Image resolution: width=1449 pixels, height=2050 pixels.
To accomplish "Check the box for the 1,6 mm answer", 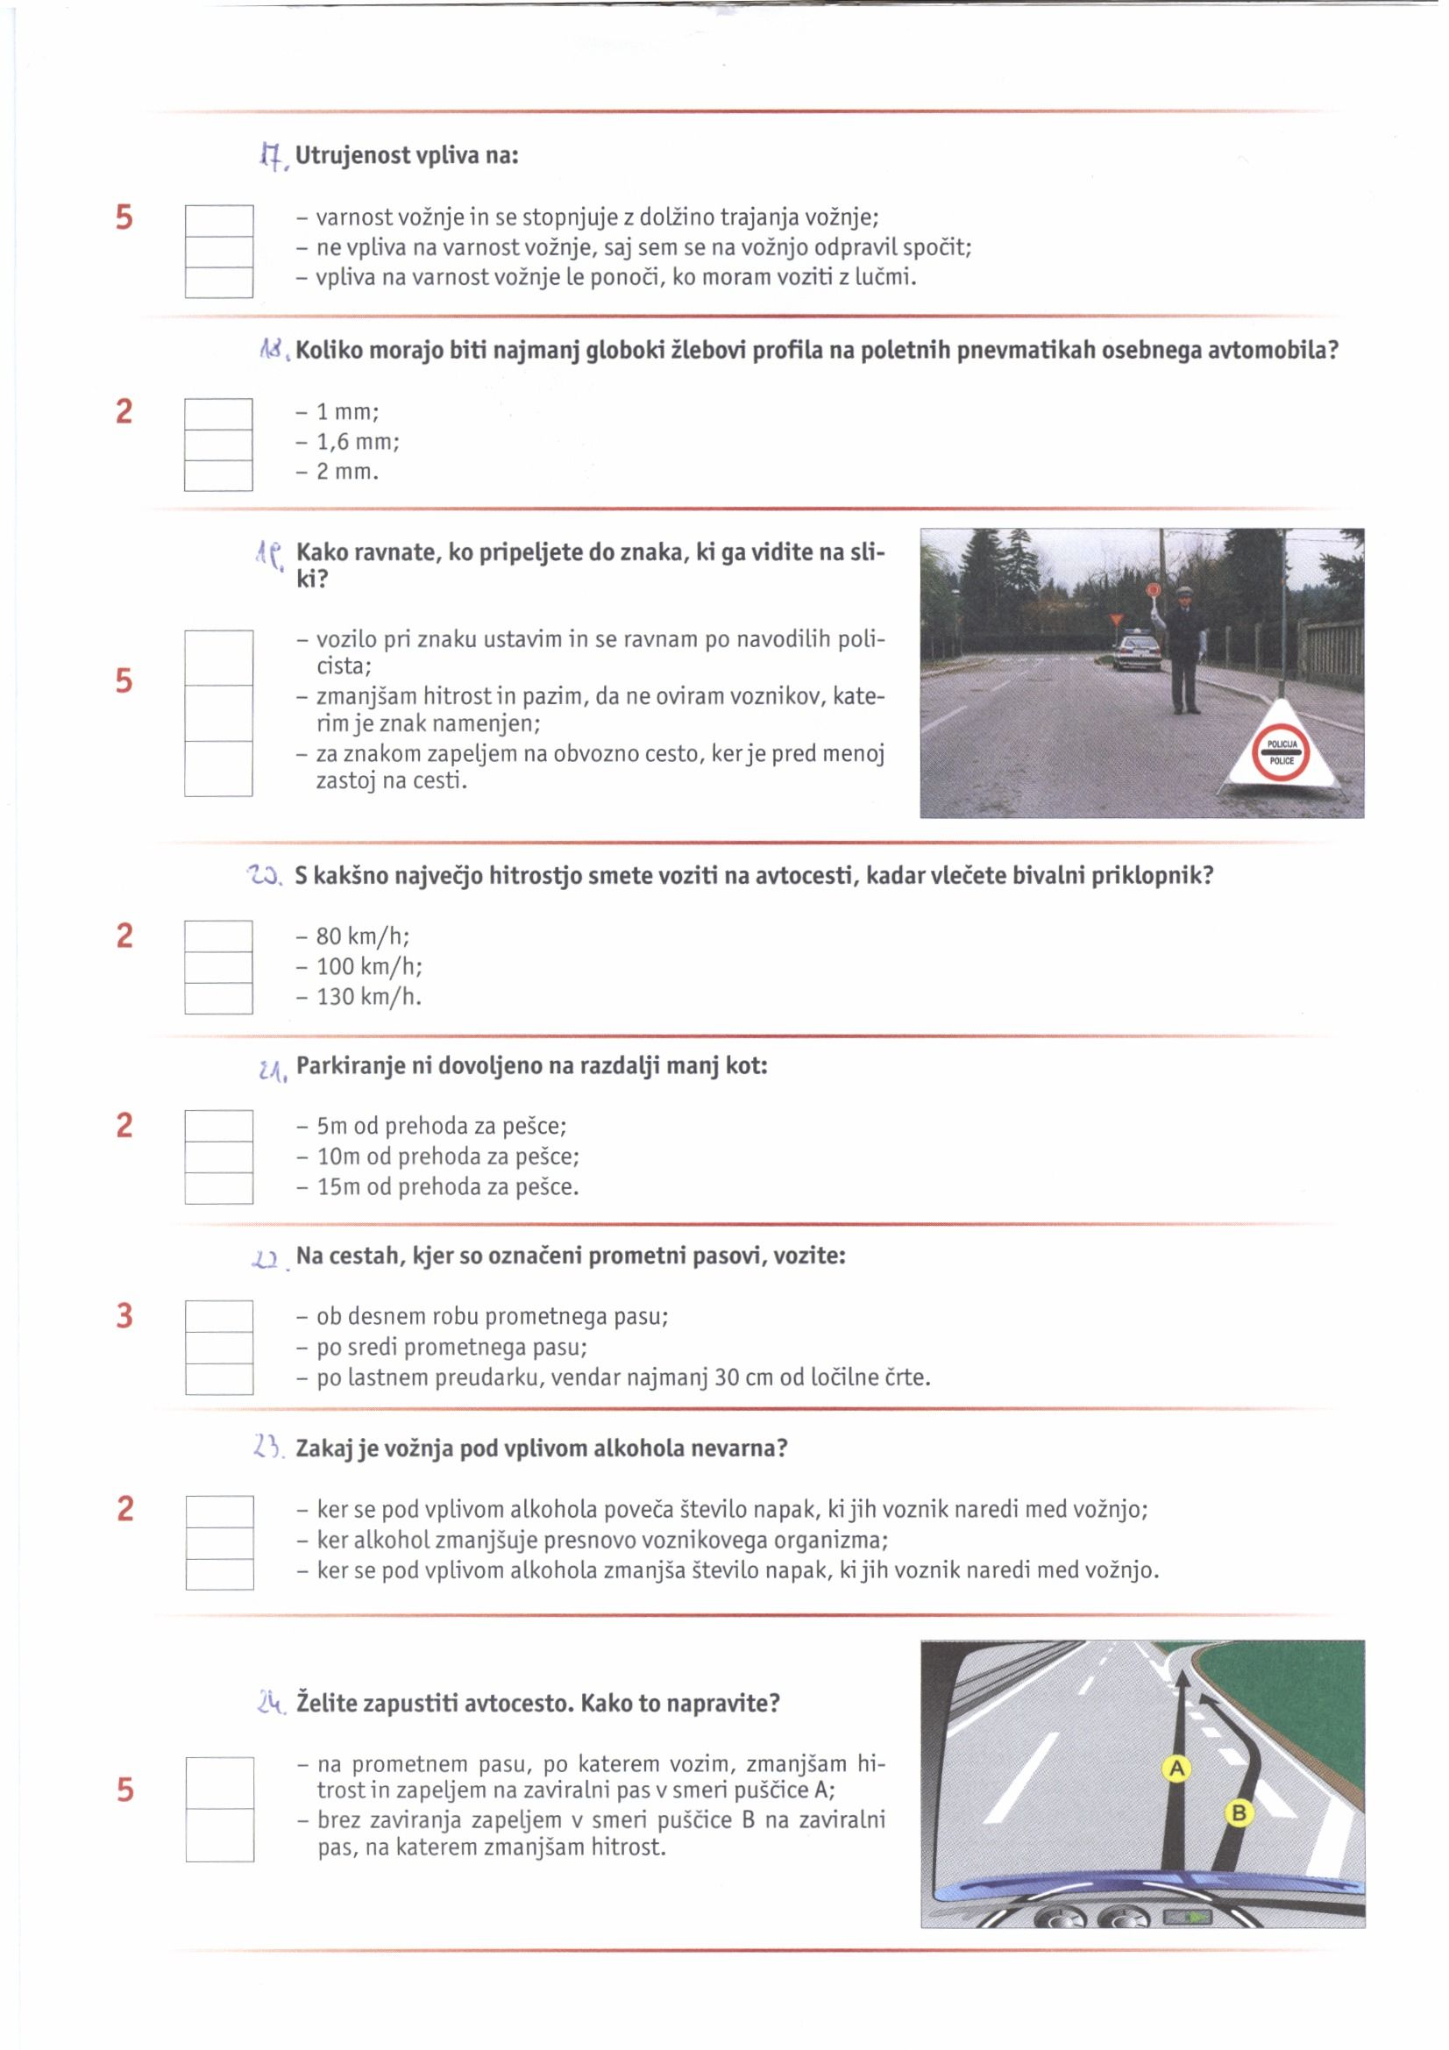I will coord(218,445).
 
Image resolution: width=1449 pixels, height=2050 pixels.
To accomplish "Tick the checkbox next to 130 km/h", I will coord(218,998).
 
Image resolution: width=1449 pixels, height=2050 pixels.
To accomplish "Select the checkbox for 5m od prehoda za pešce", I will coord(219,1126).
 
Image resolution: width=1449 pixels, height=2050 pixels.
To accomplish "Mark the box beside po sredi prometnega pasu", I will coord(219,1348).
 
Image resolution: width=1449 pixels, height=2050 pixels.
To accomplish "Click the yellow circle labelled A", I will coord(1176,1767).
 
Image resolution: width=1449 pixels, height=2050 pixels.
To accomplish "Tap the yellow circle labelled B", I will coord(1239,1812).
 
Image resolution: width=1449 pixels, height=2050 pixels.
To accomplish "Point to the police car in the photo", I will coord(1136,651).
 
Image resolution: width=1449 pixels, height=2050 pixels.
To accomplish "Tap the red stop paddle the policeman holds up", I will coord(1153,589).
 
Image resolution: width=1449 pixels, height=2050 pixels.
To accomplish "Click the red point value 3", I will coord(124,1316).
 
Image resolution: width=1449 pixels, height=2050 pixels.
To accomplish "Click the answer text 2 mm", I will coord(348,473).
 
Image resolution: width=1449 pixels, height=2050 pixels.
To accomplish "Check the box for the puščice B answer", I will coord(220,1835).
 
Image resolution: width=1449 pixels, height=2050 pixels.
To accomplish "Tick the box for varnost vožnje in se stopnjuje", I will coord(219,221).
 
